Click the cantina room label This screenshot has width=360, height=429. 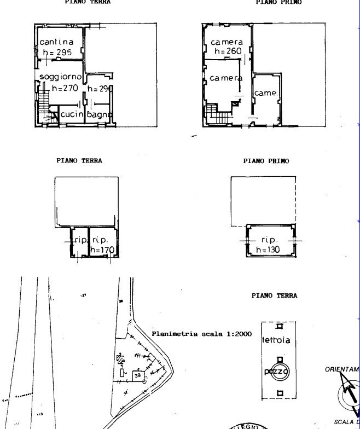point(57,42)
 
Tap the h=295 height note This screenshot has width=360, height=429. point(57,53)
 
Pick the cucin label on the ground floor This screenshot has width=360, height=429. point(72,114)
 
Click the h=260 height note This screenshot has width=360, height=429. point(227,51)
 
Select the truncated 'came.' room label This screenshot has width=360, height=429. point(266,93)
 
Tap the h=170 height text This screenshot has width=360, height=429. point(102,250)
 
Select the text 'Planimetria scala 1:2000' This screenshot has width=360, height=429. point(201,333)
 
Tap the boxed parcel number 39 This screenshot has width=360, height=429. point(138,376)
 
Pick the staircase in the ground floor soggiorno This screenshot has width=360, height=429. point(44,106)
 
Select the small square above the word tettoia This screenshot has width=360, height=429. point(279,327)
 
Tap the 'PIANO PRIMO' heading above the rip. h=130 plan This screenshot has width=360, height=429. point(266,161)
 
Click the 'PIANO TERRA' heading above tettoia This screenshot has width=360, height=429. point(274,295)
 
